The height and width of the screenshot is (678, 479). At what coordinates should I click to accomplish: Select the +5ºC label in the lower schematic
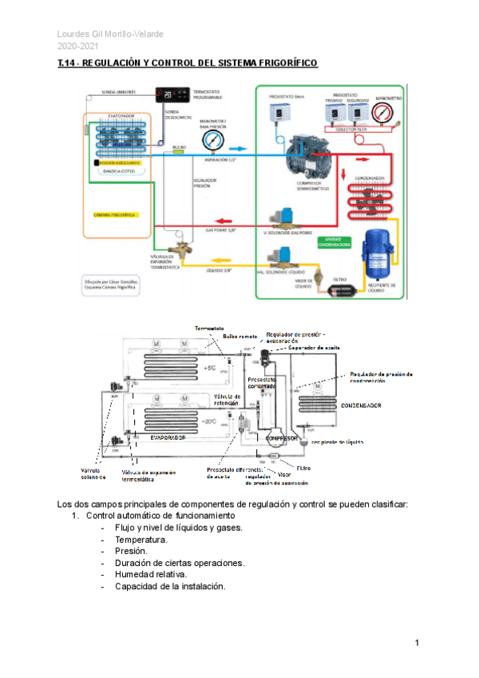[x=212, y=368]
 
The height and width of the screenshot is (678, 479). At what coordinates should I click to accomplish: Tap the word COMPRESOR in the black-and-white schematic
[x=282, y=438]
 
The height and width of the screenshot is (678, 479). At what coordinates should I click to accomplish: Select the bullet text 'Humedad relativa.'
[x=151, y=574]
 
